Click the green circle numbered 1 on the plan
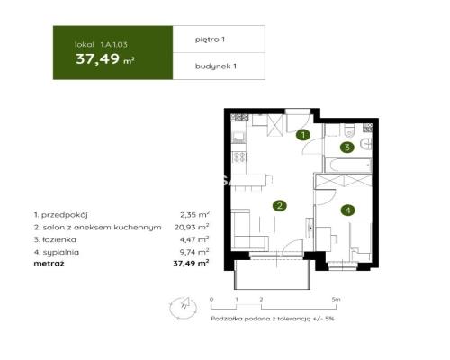304,135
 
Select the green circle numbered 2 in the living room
281,206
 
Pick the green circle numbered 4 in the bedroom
346,211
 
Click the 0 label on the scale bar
211,297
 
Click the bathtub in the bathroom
347,167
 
